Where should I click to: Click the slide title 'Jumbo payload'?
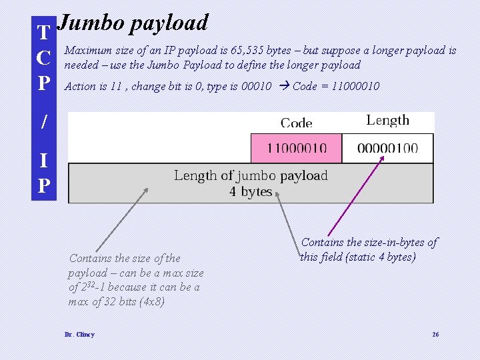(133, 23)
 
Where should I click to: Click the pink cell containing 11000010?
(296, 148)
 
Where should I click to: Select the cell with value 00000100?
(387, 148)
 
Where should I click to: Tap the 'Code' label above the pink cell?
(297, 123)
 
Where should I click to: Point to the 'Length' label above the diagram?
(387, 121)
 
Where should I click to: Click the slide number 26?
(435, 334)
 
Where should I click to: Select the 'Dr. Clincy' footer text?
(79, 334)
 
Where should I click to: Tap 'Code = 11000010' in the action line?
(336, 86)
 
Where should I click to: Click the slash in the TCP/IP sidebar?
(43, 121)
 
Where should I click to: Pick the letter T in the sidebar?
(43, 33)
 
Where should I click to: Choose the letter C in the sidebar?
(43, 58)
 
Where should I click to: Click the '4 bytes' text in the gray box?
(251, 192)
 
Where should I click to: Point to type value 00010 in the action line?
(256, 86)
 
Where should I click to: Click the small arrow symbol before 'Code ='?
(283, 86)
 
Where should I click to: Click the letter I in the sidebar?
(43, 161)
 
